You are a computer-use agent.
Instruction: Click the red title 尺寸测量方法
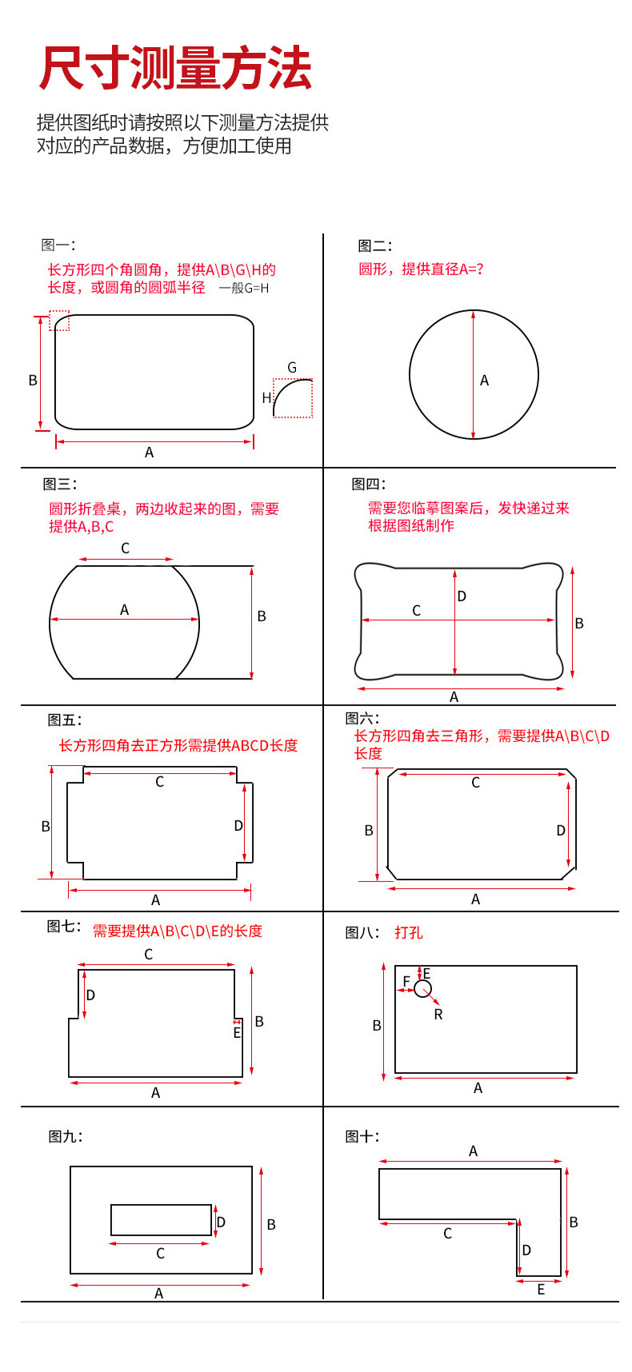pos(174,69)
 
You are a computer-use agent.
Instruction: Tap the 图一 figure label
pos(58,245)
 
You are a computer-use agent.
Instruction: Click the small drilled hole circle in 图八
pos(422,989)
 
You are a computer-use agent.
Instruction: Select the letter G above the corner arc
pos(292,368)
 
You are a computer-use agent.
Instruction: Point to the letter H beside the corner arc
pos(266,398)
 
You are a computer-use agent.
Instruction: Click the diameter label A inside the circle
pos(484,381)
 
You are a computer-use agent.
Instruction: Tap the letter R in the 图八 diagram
pos(438,1015)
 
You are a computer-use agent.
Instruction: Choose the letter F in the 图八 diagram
pos(406,982)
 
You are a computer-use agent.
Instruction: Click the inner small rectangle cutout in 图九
pos(161,1220)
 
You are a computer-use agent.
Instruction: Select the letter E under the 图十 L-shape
pos(541,1290)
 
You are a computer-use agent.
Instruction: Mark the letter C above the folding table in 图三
pos(125,548)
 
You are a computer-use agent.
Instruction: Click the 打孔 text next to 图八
pos(408,933)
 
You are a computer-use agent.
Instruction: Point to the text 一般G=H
pos(244,289)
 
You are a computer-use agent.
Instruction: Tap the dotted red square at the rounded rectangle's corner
pos(59,321)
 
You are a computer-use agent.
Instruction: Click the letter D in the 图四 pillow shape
pos(462,596)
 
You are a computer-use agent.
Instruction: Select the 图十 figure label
pos(362,1136)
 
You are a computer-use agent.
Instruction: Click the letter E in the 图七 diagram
pos(237,1033)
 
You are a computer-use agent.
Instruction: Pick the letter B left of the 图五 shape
pos(46,827)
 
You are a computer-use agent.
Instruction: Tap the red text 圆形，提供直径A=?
pos(421,269)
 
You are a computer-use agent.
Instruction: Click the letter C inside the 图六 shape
pos(475,783)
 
